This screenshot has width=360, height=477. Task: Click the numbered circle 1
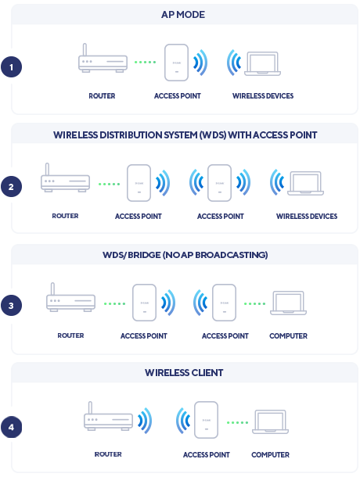pyautogui.click(x=11, y=67)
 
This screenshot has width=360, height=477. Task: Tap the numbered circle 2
pyautogui.click(x=11, y=187)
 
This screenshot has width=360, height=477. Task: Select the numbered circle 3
pyautogui.click(x=11, y=306)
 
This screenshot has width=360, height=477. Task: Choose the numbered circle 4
pyautogui.click(x=11, y=428)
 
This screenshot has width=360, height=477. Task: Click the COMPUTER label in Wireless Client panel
pyautogui.click(x=270, y=455)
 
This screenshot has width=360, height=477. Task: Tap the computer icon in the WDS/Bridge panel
pyautogui.click(x=288, y=303)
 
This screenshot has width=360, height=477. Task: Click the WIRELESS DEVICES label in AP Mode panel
pyautogui.click(x=263, y=96)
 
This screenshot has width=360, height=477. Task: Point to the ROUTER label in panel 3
pyautogui.click(x=70, y=335)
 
